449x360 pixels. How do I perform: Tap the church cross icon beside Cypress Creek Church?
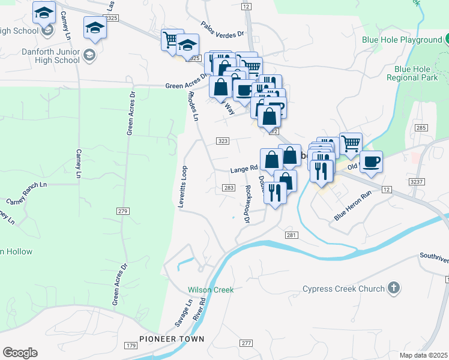(393, 289)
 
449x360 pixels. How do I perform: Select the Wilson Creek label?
(210, 290)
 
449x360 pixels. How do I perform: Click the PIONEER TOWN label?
(172, 339)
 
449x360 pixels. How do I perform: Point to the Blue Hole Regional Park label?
(412, 73)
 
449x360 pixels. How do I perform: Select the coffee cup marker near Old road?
(371, 162)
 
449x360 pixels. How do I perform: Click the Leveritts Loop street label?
(182, 187)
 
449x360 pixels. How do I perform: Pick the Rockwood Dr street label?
(247, 203)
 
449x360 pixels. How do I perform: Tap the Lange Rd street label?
(243, 170)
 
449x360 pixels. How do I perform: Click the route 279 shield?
(123, 211)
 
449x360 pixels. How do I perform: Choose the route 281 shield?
(291, 235)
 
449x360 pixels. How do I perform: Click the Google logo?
(20, 353)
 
